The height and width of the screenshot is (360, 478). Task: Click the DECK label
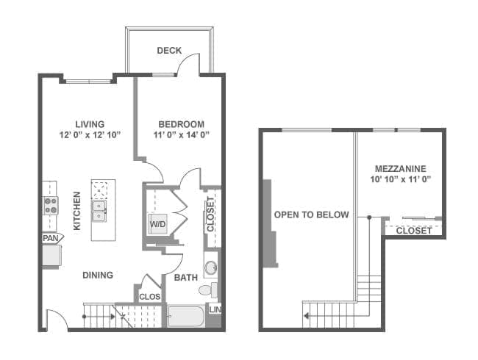(169, 50)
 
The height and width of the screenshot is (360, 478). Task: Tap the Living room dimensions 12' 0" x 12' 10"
(90, 134)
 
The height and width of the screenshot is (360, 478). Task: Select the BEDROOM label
(182, 124)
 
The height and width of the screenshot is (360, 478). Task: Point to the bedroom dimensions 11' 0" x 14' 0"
(182, 134)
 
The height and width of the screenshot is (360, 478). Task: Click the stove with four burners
(51, 206)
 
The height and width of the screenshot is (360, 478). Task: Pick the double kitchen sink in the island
(99, 211)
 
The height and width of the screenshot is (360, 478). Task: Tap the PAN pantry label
(51, 238)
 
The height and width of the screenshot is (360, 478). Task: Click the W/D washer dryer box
(158, 224)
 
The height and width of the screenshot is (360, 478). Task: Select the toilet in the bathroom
(209, 289)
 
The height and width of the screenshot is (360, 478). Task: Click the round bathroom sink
(210, 267)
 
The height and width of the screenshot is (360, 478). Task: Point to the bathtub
(186, 317)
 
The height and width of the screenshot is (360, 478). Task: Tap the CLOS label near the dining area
(150, 297)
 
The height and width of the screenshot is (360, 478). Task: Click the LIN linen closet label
(215, 310)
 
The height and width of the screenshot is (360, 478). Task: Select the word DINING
(98, 275)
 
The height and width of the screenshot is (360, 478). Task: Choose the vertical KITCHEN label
(76, 211)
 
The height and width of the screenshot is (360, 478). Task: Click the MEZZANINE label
(401, 168)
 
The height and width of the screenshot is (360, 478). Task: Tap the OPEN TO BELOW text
(311, 215)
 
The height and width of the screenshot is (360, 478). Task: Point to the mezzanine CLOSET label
(414, 231)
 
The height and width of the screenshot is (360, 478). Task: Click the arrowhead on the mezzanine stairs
(306, 316)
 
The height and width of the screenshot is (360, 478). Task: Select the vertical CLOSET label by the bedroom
(210, 214)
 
